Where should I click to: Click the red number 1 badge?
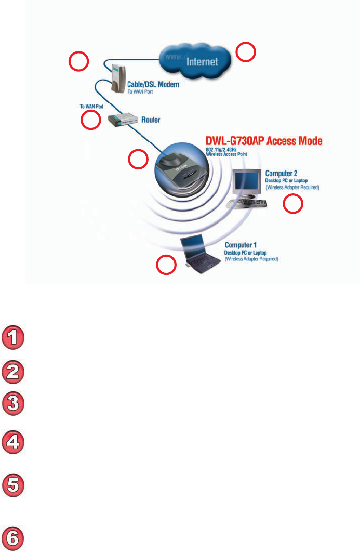point(14,337)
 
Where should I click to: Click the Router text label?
point(151,120)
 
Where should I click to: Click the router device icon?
point(121,121)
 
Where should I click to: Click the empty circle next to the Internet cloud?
point(246,52)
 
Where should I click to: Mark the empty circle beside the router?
point(91,121)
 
